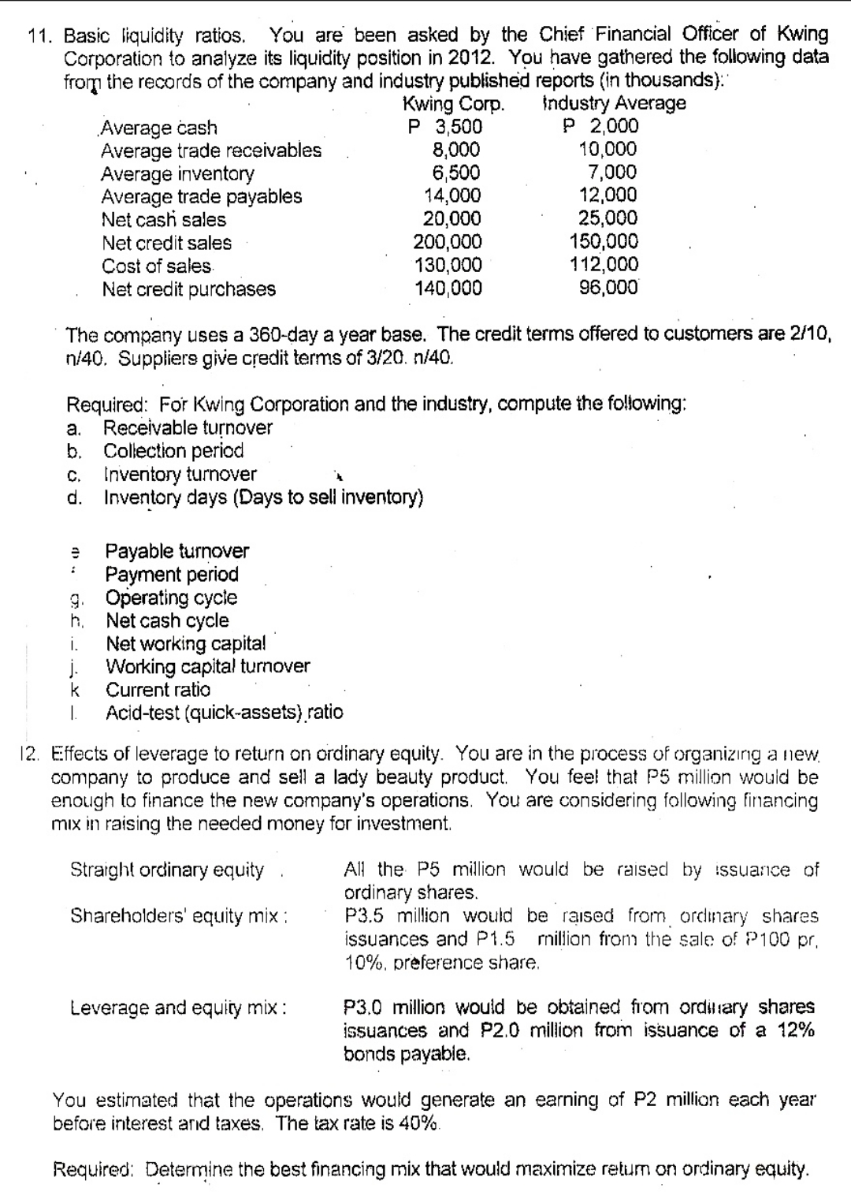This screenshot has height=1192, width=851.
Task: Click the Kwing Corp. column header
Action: (453, 103)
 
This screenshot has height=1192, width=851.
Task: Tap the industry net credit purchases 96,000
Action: (608, 288)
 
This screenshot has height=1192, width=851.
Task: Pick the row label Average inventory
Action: (177, 173)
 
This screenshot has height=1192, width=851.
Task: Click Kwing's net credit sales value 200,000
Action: (448, 242)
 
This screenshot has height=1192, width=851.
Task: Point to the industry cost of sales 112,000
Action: (604, 265)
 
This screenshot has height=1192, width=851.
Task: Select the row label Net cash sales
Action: (163, 219)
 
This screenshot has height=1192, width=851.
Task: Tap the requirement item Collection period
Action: (174, 451)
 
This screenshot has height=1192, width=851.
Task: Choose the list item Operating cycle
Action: (172, 598)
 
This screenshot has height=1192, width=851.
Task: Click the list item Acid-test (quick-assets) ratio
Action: (225, 713)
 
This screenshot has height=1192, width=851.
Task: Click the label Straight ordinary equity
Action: (167, 870)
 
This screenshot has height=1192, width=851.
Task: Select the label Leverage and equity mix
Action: (177, 1008)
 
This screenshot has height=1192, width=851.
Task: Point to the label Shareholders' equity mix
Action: (177, 916)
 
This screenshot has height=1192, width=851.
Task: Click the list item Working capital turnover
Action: (208, 666)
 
